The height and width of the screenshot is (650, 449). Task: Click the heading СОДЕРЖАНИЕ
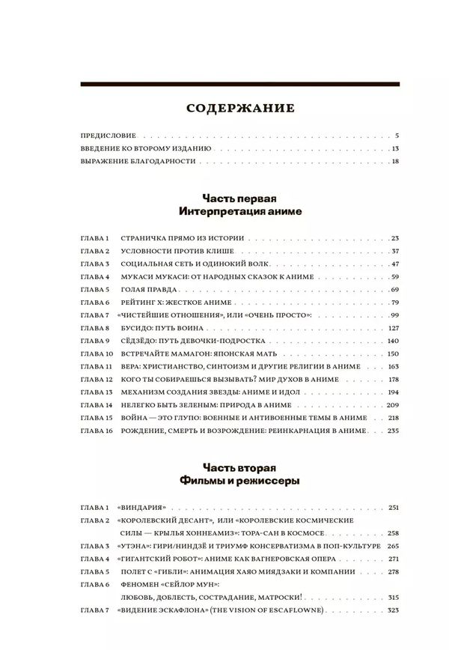point(239,109)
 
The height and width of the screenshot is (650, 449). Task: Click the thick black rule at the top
point(239,84)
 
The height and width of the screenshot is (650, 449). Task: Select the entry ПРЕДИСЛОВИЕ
point(108,136)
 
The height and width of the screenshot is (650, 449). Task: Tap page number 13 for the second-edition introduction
point(396,149)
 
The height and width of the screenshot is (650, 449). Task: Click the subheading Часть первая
point(239,198)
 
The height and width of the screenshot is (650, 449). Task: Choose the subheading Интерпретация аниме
point(239,212)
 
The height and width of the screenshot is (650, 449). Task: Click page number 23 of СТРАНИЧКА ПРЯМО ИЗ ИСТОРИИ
point(395,237)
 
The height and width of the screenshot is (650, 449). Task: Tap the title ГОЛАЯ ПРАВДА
point(147,289)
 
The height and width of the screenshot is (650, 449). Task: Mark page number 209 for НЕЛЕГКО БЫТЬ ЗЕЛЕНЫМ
point(393,405)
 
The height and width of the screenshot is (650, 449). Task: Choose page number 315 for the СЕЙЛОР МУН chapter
point(394,598)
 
